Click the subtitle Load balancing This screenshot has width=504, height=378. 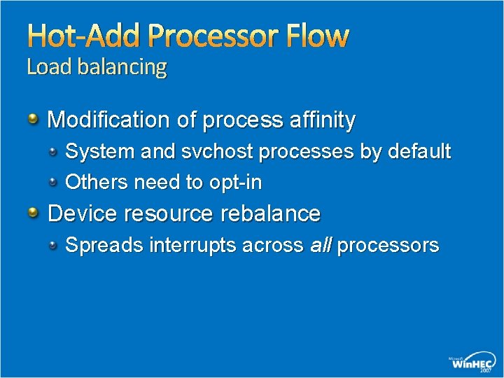[x=97, y=68]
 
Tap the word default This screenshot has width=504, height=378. [x=419, y=151]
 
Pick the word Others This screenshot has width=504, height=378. [x=97, y=183]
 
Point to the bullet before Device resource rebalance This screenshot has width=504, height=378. [x=33, y=213]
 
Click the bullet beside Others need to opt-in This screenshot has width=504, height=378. [x=53, y=182]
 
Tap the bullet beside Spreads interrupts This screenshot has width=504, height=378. [x=53, y=244]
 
